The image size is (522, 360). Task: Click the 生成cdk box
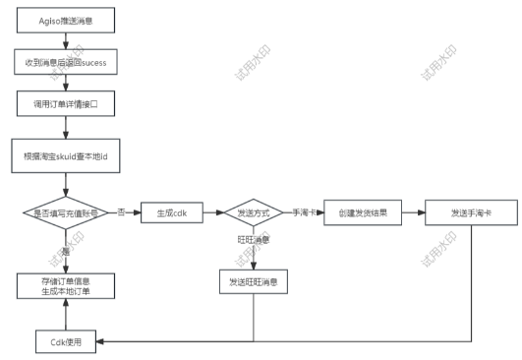[x=171, y=212]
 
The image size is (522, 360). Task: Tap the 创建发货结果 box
[x=363, y=212]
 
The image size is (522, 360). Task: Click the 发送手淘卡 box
[x=471, y=212]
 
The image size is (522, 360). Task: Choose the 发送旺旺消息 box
[x=255, y=283]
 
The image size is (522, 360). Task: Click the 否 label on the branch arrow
[x=121, y=212]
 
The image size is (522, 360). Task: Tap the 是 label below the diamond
[x=65, y=251]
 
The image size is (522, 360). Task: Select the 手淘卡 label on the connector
[x=305, y=212]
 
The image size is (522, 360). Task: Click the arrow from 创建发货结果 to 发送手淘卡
[x=414, y=212]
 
